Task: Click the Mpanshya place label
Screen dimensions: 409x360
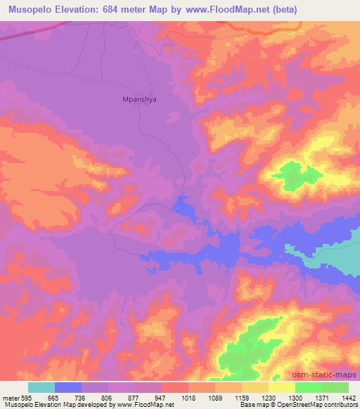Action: (135, 100)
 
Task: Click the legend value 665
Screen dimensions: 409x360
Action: (54, 398)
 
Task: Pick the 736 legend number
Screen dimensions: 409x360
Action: (82, 398)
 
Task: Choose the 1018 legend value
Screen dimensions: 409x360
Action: (189, 398)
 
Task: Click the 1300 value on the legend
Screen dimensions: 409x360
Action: (296, 398)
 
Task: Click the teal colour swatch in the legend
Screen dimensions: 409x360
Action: (41, 387)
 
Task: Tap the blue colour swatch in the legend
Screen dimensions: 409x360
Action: (68, 387)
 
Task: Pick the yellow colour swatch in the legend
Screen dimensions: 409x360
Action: (281, 387)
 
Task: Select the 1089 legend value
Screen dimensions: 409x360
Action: (216, 398)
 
